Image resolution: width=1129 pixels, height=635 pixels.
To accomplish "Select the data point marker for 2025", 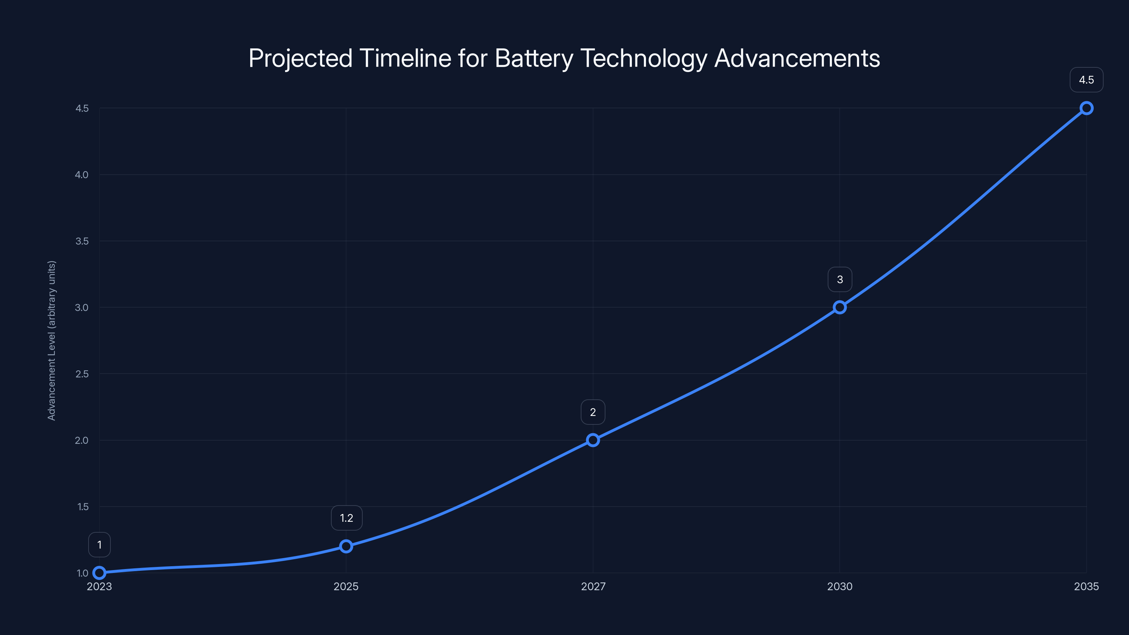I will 346,546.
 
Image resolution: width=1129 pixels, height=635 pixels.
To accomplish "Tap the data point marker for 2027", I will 593,440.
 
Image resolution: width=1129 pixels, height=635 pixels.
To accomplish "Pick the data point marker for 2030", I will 840,307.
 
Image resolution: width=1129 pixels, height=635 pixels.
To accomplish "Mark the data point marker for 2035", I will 1087,108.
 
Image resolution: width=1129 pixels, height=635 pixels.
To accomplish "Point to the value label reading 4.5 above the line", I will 1087,80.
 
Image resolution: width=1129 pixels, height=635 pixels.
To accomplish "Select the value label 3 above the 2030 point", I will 840,280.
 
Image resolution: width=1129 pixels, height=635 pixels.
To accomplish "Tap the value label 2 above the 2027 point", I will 593,412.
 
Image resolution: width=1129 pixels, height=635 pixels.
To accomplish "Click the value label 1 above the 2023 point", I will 99,545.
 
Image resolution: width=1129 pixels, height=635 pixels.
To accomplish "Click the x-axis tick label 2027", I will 593,586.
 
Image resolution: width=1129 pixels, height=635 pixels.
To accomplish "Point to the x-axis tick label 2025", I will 346,586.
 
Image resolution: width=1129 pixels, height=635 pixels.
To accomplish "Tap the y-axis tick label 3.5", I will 82,241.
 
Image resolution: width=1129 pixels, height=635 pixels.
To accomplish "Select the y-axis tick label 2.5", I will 82,374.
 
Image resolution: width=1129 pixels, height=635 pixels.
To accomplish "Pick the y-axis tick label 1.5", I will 83,507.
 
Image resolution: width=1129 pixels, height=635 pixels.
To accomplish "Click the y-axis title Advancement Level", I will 52,340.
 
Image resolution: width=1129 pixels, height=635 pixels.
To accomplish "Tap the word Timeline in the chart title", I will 405,58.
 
